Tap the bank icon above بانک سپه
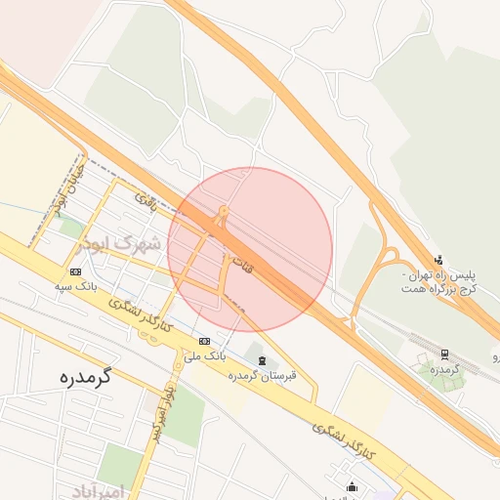click(x=76, y=271)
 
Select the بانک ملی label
click(x=206, y=355)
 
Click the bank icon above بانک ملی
click(x=205, y=341)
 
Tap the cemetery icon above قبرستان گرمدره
click(x=261, y=361)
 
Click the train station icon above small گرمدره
click(x=444, y=354)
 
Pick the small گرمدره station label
click(x=443, y=369)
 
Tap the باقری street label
click(x=146, y=201)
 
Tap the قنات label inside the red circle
click(x=240, y=262)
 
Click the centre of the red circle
click(x=250, y=250)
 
